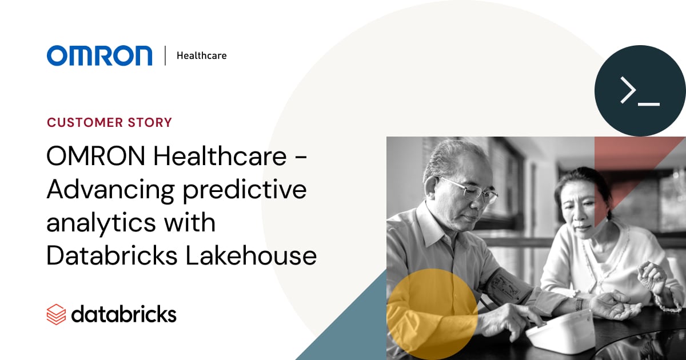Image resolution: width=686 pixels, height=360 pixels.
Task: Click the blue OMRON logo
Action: pyautogui.click(x=99, y=55)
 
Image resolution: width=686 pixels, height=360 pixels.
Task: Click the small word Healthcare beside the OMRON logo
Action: pyautogui.click(x=201, y=56)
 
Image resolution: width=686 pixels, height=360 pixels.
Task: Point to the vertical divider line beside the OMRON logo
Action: pyautogui.click(x=165, y=55)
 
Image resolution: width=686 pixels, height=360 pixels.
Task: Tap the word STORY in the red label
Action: pyautogui.click(x=150, y=122)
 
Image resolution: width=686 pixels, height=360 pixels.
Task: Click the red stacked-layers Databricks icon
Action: pyautogui.click(x=56, y=314)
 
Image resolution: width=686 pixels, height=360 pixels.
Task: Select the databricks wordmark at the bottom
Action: pyautogui.click(x=123, y=314)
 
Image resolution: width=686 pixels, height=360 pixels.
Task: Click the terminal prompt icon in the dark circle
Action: pyautogui.click(x=640, y=91)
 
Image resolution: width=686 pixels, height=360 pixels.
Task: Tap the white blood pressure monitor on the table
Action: pyautogui.click(x=560, y=331)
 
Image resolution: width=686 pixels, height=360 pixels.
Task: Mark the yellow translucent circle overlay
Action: pyautogui.click(x=432, y=314)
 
